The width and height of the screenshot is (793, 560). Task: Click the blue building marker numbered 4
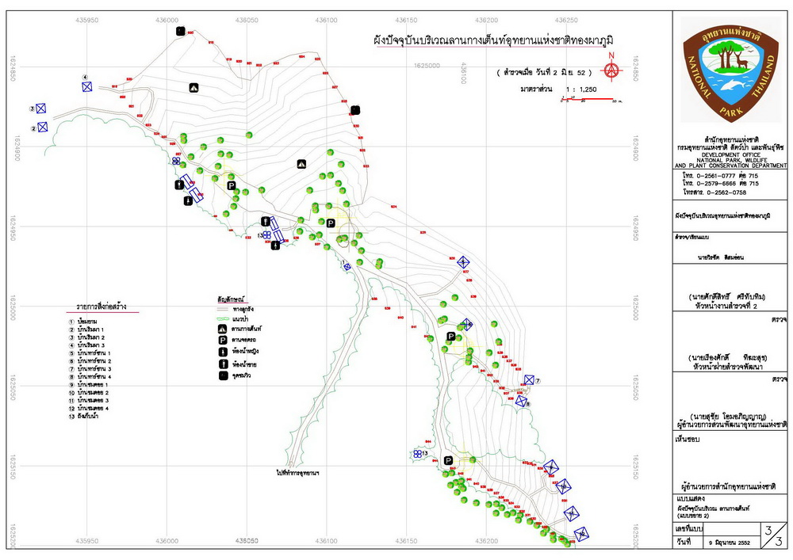87,86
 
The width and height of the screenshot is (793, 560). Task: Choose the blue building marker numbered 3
40,109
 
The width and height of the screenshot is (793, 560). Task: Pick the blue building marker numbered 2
42,127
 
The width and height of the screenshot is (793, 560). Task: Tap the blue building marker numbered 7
529,381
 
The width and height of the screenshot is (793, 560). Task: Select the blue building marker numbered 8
521,401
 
